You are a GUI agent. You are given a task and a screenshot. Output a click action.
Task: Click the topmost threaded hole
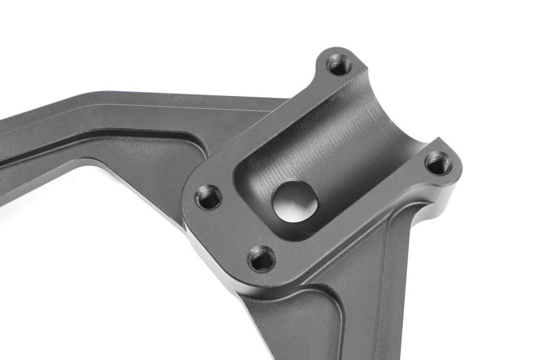point(337,66)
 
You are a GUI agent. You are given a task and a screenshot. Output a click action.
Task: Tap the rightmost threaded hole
point(438,163)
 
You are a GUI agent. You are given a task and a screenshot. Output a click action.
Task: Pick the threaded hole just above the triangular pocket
point(261,257)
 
